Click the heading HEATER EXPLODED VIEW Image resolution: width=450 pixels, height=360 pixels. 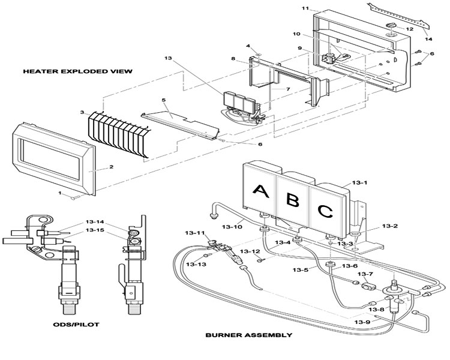(78, 71)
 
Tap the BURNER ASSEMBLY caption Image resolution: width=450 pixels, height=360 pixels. (249, 335)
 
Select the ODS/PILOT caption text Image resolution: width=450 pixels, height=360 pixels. (76, 325)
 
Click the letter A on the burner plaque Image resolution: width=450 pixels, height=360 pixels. (260, 191)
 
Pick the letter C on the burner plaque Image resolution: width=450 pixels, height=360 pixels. (325, 212)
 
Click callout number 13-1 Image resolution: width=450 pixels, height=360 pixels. (359, 182)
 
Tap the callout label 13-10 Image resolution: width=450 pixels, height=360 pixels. (232, 227)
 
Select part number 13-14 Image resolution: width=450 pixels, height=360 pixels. (94, 222)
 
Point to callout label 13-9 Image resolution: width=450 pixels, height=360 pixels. (362, 322)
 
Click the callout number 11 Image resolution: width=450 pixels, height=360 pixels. (305, 8)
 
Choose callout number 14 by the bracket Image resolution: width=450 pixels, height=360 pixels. (428, 39)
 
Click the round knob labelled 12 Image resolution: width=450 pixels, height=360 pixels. (391, 25)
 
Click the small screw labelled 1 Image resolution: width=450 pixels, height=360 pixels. (73, 197)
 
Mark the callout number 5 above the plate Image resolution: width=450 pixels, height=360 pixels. (164, 100)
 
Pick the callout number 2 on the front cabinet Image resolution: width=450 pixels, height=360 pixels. (112, 167)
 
